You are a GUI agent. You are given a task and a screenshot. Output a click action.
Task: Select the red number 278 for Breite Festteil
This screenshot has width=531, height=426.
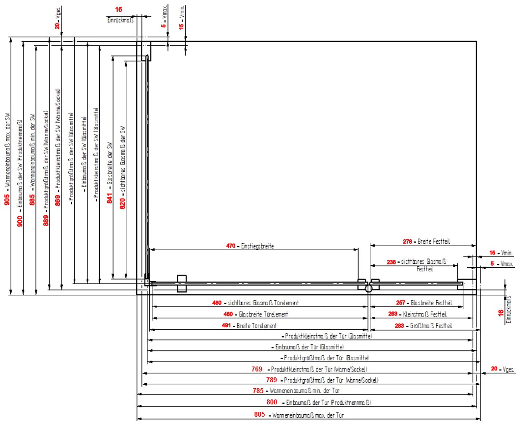tap(407, 242)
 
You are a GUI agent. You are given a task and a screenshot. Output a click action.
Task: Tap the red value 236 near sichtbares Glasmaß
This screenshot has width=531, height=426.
tap(391, 262)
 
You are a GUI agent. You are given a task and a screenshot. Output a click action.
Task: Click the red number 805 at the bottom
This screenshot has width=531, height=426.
tap(260, 415)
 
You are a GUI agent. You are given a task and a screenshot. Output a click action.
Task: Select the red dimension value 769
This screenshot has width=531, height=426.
tap(256, 369)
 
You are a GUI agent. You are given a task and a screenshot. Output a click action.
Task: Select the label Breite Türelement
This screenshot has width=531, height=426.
tap(257, 326)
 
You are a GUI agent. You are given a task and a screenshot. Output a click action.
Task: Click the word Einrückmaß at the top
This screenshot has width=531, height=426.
tap(120, 20)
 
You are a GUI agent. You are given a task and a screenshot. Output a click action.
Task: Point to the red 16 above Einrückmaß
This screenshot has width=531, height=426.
tap(118, 9)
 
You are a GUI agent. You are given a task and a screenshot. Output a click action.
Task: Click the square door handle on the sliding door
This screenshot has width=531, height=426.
tap(182, 283)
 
